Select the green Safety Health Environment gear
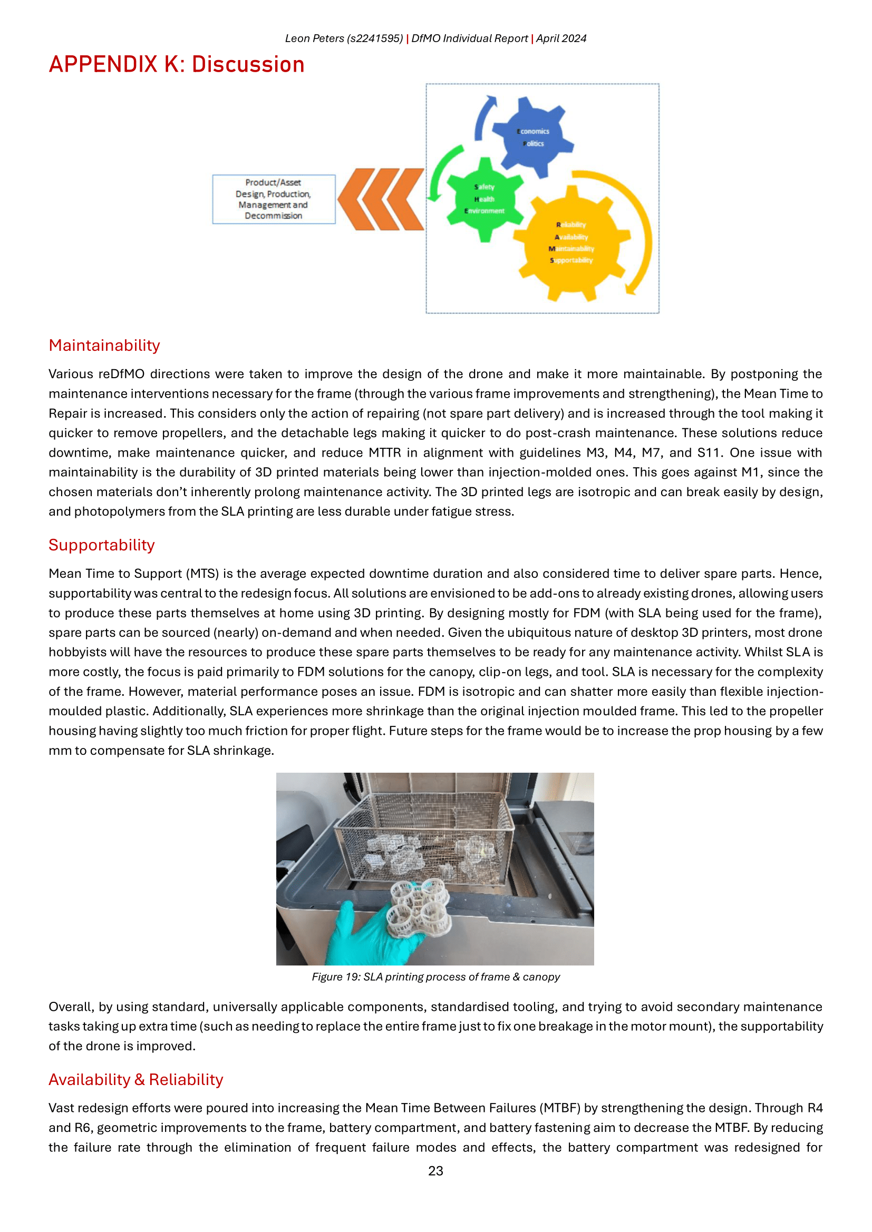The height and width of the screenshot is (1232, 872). tap(485, 200)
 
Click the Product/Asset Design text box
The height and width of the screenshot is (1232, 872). tap(274, 199)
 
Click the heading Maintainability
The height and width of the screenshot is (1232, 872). tap(104, 346)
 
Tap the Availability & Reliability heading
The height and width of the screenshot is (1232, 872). tap(136, 1080)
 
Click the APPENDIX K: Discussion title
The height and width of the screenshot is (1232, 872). tap(177, 65)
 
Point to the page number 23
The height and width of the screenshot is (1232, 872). tap(435, 1171)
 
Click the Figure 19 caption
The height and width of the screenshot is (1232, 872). tap(435, 977)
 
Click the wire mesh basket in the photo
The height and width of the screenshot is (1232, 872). tap(424, 837)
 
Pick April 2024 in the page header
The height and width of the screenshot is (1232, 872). tap(561, 38)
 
